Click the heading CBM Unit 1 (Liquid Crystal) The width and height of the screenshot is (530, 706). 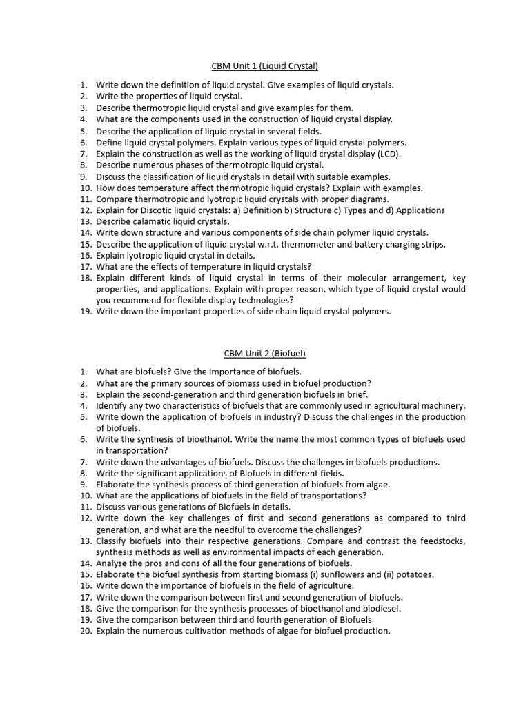click(x=264, y=66)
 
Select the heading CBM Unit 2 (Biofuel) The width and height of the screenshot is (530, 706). click(x=264, y=353)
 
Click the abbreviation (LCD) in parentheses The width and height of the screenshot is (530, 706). click(x=388, y=153)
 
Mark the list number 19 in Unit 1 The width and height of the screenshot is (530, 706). click(x=86, y=312)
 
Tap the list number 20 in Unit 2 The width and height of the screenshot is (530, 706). click(x=86, y=631)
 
